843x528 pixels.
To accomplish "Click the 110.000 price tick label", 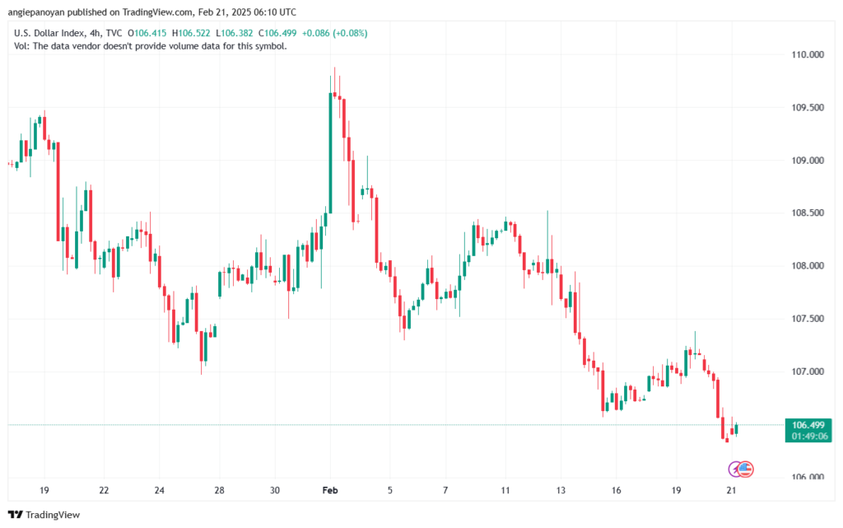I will [808, 54].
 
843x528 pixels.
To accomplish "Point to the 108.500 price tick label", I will [808, 213].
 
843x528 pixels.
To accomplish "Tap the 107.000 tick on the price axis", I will [808, 371].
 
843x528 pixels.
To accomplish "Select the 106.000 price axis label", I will [808, 478].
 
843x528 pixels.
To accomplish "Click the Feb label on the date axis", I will [329, 490].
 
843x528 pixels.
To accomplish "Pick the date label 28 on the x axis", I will [220, 490].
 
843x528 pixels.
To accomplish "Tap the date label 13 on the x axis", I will [561, 490].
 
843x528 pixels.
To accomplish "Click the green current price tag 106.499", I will [808, 426].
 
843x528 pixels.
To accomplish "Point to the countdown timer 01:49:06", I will [808, 437].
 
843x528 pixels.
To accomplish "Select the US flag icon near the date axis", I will [747, 470].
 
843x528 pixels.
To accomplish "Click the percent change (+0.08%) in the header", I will [349, 33].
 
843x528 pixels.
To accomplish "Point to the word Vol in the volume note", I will [21, 46].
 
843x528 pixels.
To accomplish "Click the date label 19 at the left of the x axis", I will [44, 490].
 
